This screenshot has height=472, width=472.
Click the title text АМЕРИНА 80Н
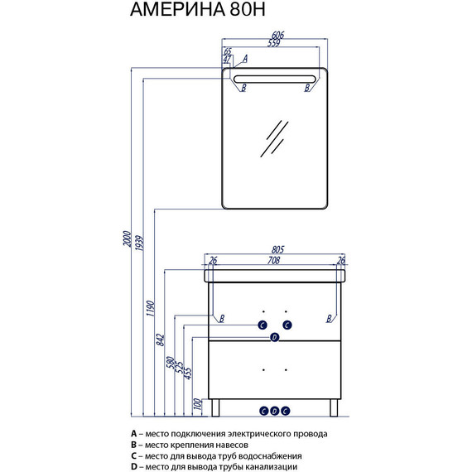(197, 9)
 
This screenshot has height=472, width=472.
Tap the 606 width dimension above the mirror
(277, 35)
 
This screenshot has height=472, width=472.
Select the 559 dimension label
(274, 43)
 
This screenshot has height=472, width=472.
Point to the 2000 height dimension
(128, 238)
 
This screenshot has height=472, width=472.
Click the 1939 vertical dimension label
(139, 243)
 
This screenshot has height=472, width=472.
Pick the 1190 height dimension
(150, 308)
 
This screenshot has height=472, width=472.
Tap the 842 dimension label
(161, 340)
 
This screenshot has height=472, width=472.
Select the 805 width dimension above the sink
(277, 249)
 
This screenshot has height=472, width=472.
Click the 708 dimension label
(273, 260)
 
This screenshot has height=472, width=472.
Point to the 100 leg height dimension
(197, 403)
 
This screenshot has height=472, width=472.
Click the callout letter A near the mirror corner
(245, 59)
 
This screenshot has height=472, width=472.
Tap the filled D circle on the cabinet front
(275, 337)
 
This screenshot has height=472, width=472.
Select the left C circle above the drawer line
(262, 325)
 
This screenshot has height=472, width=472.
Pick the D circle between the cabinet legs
(275, 411)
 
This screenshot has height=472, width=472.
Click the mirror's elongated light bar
(275, 79)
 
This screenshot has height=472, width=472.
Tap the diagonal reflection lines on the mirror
(274, 139)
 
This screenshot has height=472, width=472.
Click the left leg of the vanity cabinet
(215, 408)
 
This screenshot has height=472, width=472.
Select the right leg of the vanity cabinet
(334, 408)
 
